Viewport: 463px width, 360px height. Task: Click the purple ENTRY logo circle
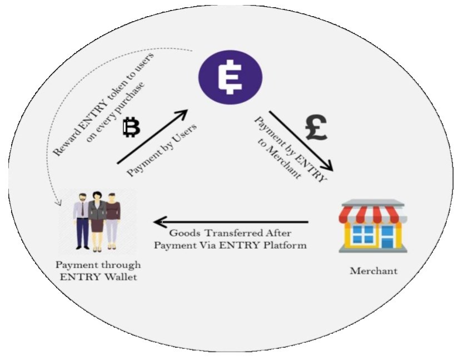231,76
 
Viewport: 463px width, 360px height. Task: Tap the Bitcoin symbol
131,127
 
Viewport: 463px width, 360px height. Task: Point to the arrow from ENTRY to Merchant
300,139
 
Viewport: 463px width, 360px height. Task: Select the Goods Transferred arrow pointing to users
233,222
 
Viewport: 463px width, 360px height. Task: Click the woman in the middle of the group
97,220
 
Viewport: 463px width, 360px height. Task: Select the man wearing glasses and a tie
82,220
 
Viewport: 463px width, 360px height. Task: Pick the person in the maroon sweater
113,220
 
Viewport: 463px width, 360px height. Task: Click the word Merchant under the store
373,271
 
